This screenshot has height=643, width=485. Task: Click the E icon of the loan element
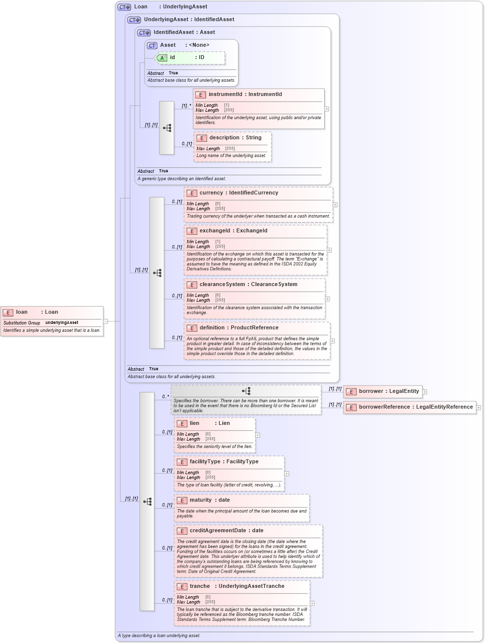[x=8, y=312]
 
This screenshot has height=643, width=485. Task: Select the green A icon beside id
[x=162, y=58]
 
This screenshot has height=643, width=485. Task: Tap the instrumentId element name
[x=225, y=95]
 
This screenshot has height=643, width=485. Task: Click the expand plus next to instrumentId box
[x=327, y=109]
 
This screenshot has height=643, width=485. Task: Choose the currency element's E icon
[x=192, y=193]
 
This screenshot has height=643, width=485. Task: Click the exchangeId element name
[x=214, y=231]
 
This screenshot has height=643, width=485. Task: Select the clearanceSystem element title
[x=222, y=285]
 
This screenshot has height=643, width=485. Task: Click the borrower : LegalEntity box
[x=383, y=391]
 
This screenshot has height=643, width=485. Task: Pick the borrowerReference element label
[x=385, y=407]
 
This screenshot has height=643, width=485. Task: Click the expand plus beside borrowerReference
[x=479, y=408]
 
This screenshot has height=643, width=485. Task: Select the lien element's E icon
[x=182, y=424]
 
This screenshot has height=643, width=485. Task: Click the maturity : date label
[x=210, y=500]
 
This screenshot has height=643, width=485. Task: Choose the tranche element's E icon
[x=182, y=587]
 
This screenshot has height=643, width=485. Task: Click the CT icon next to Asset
[x=152, y=46]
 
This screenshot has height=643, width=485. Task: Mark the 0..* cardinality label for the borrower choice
[x=165, y=396]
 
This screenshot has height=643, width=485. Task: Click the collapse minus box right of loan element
[x=106, y=321]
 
